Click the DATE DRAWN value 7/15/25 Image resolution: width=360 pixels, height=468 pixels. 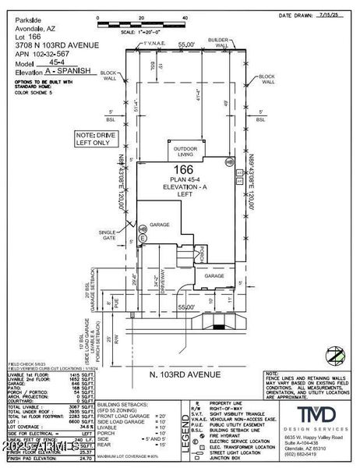click(x=337, y=15)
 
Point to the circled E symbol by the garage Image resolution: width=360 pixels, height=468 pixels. click(x=142, y=229)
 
